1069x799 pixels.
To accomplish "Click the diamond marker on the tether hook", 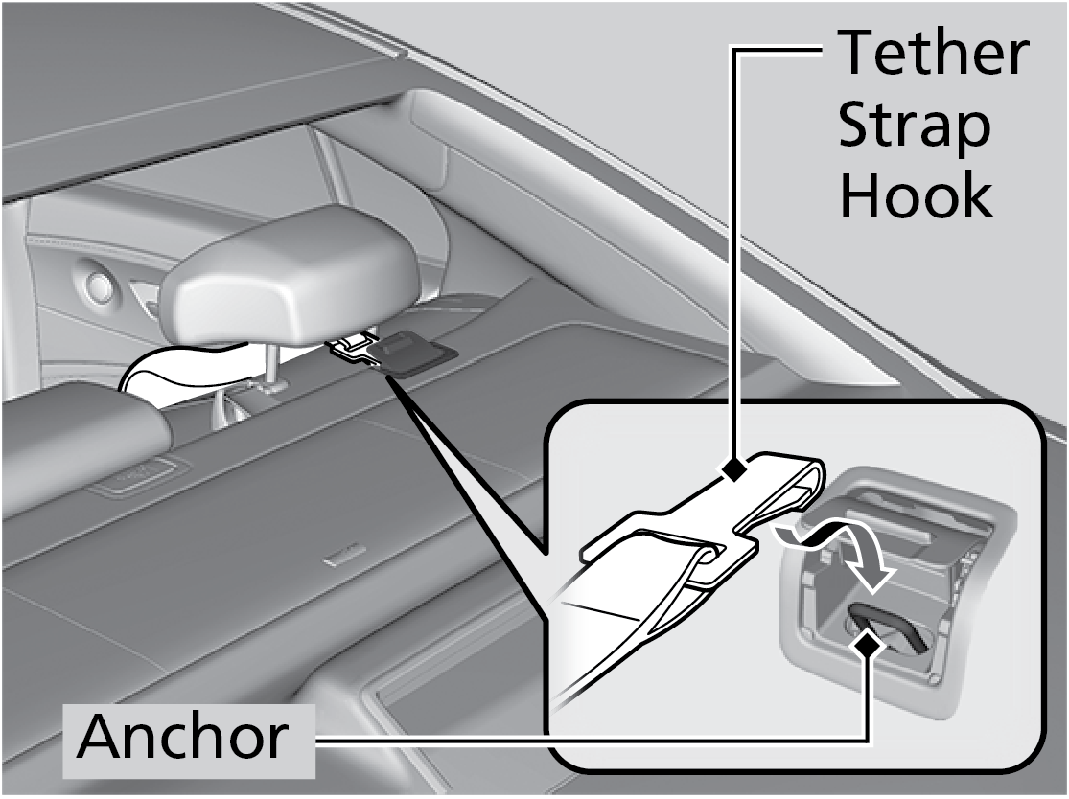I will [x=735, y=469].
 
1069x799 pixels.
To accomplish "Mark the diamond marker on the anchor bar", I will [x=870, y=647].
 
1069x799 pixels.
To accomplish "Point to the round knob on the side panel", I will [x=100, y=285].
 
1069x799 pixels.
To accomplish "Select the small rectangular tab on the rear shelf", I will [x=342, y=555].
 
